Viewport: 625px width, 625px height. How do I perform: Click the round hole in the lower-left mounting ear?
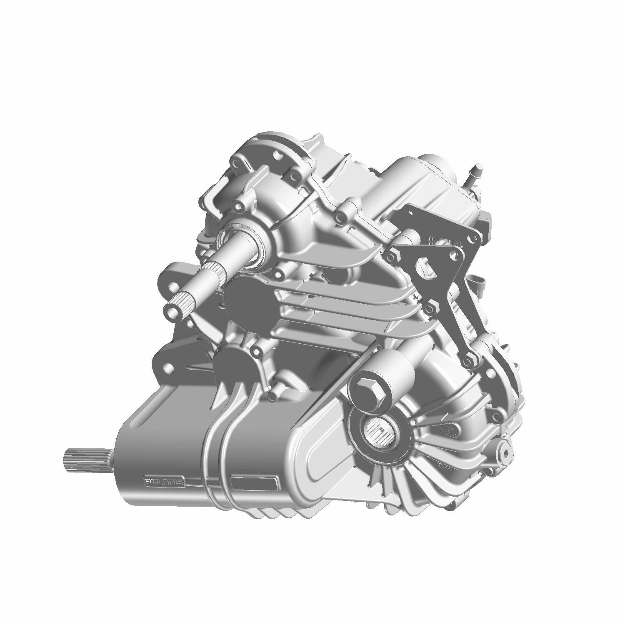point(169,367)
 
